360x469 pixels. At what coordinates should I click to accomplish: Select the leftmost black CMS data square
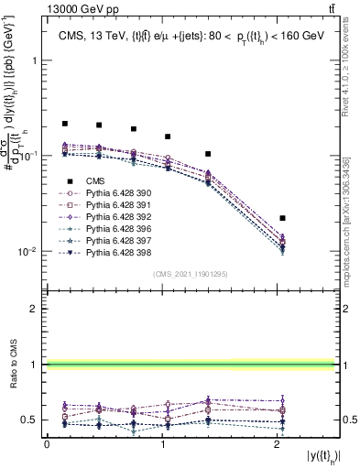(x=65, y=123)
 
